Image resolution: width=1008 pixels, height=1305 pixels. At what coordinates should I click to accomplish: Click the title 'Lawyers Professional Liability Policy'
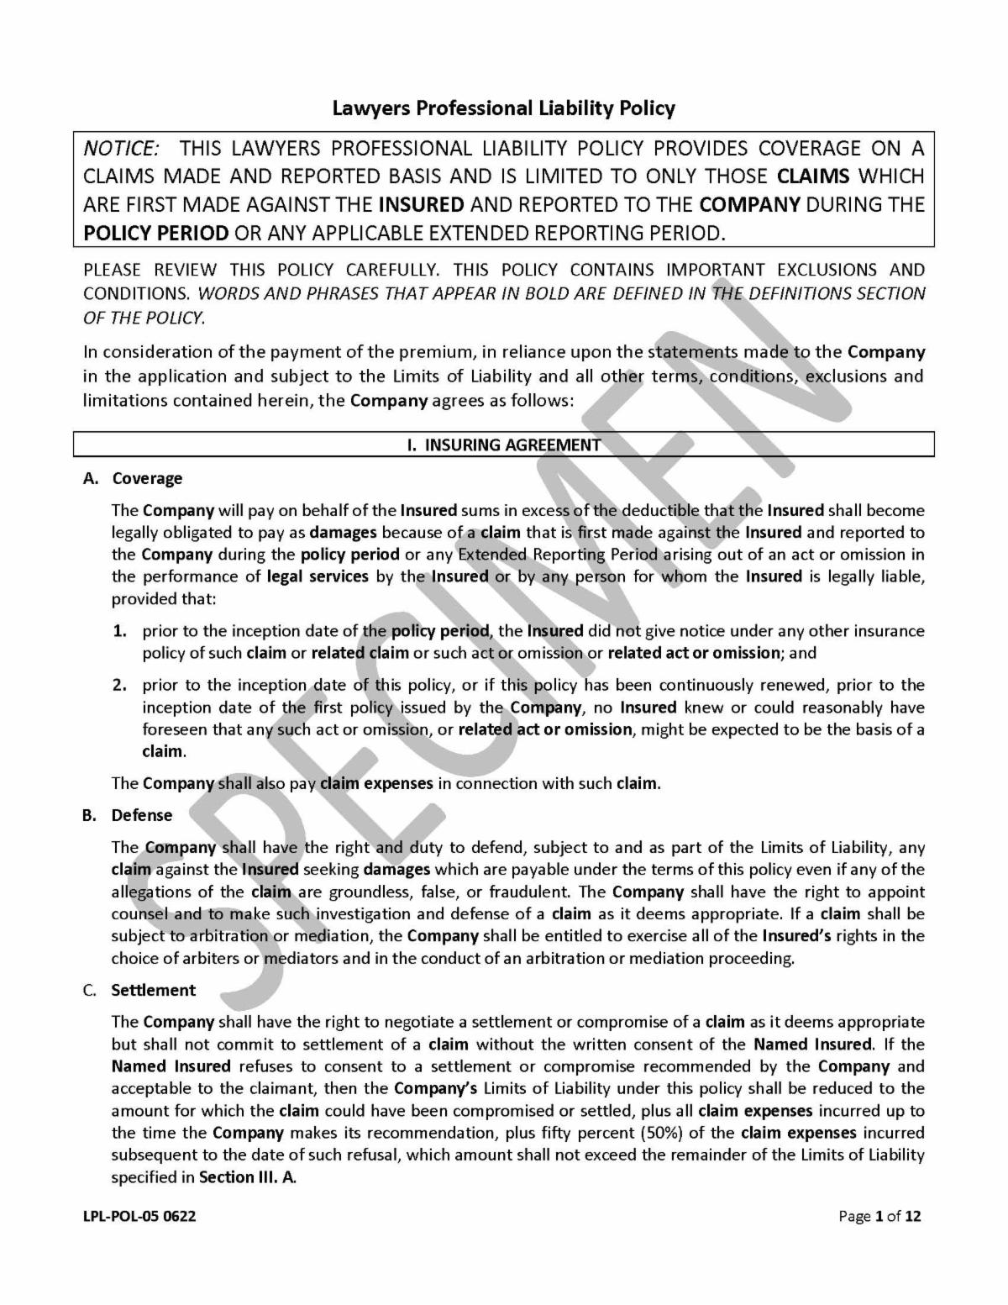(x=503, y=108)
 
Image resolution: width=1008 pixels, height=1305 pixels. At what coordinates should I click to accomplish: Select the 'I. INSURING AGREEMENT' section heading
(x=504, y=445)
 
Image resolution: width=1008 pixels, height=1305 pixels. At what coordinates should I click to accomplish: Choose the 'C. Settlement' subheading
(x=139, y=990)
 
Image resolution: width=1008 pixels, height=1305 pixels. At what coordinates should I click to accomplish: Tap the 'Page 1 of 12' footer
(x=879, y=1216)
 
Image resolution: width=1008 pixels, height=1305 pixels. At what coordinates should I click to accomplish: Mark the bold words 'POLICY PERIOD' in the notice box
(x=155, y=233)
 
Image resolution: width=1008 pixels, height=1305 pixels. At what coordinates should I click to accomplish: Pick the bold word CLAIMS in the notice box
(x=814, y=176)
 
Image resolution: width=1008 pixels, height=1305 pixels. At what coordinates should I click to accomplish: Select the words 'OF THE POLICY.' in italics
(x=143, y=317)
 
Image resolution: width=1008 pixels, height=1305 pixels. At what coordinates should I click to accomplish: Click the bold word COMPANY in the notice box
(x=749, y=204)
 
